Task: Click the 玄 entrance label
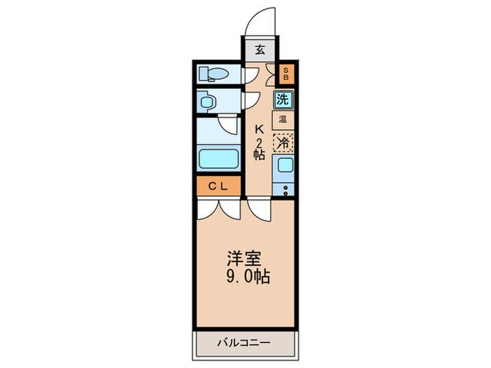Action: (260, 50)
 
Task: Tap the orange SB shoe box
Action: (286, 74)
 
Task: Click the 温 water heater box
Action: (283, 119)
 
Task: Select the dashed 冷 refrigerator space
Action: (283, 142)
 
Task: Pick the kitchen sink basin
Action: (283, 166)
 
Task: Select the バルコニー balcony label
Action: (243, 343)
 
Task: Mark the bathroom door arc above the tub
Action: (228, 126)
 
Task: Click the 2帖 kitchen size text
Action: (259, 149)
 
